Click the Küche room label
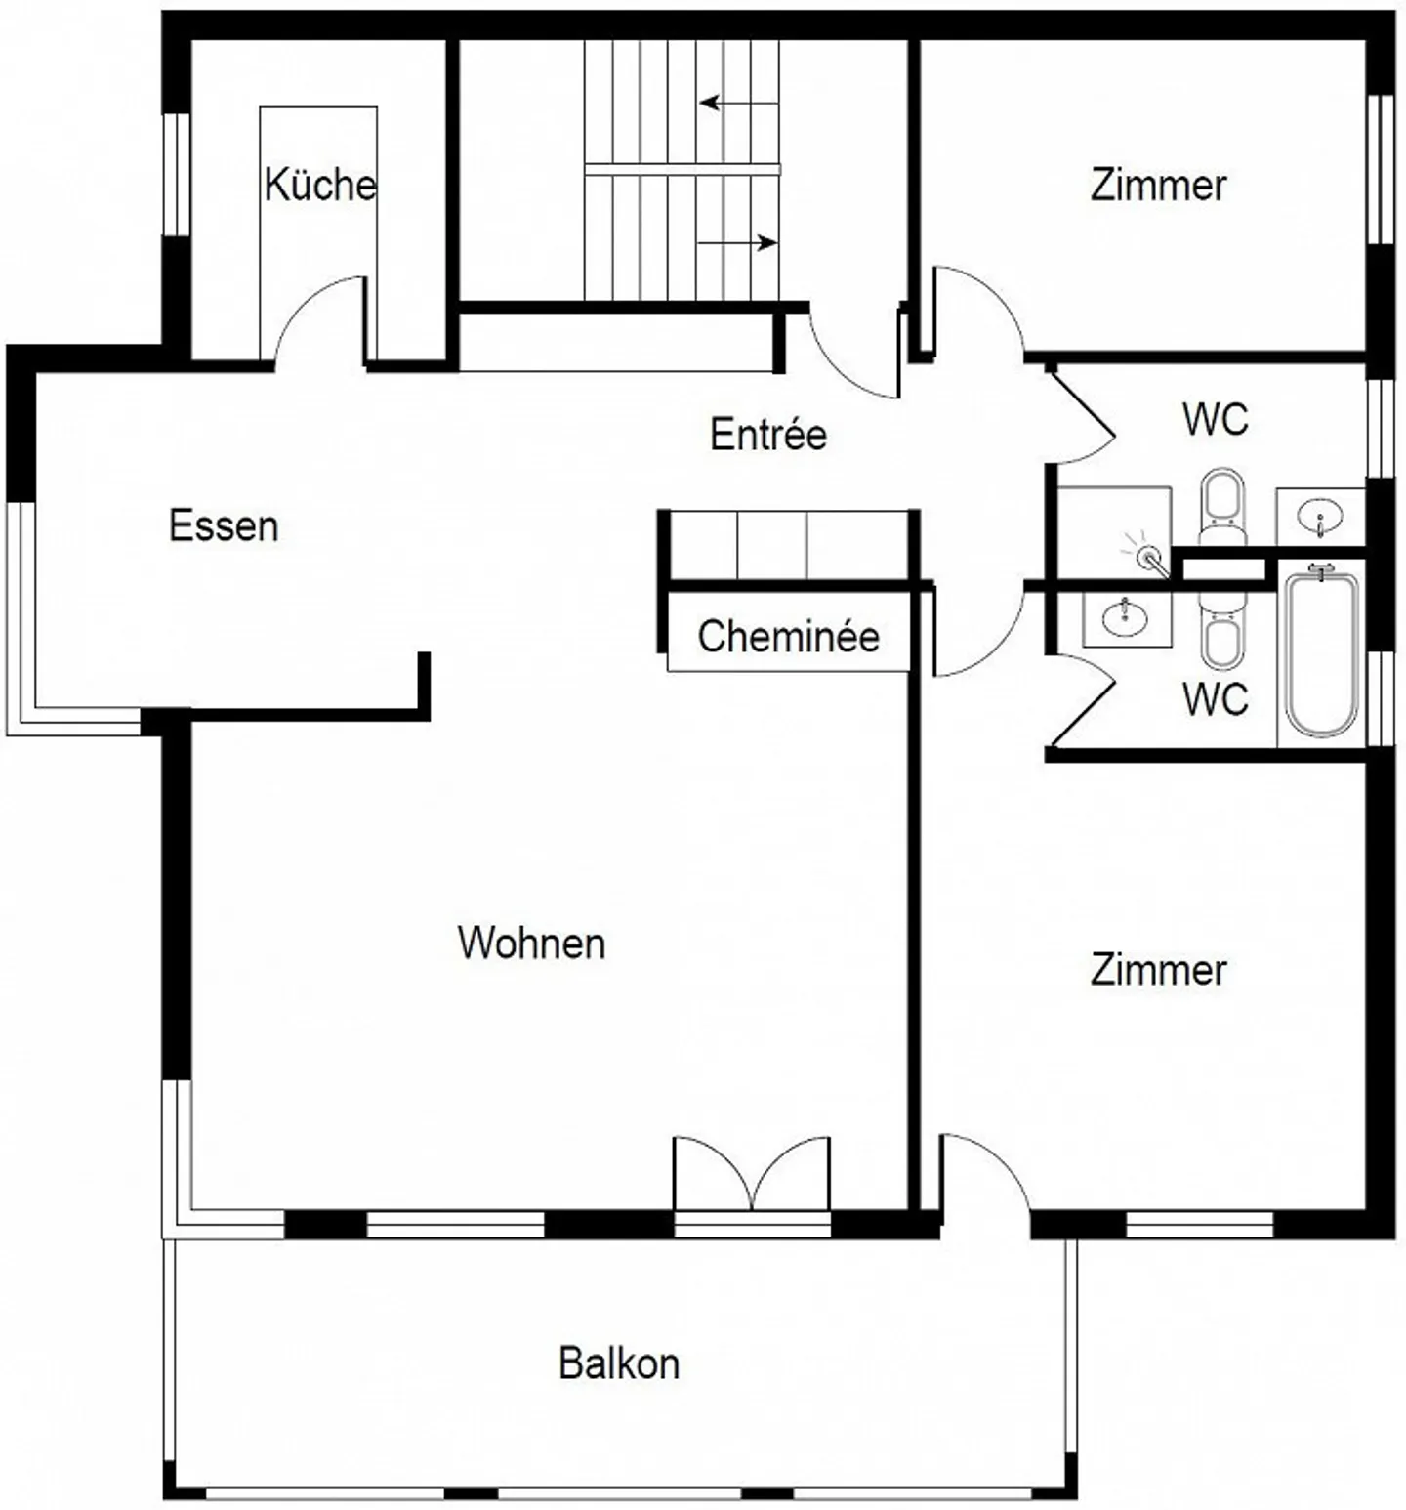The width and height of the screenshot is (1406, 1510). [x=320, y=184]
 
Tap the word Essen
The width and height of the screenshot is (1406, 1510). [x=224, y=525]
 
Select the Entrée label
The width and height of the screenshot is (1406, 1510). [x=768, y=434]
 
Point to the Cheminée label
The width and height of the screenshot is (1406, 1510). [x=788, y=637]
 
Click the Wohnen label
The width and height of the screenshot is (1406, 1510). [x=531, y=943]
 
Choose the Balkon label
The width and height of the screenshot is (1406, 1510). [x=619, y=1363]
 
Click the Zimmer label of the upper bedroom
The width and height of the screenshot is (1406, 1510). [x=1158, y=185]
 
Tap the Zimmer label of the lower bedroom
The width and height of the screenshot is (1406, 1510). [x=1158, y=970]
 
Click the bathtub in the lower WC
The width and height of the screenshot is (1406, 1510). [x=1321, y=652]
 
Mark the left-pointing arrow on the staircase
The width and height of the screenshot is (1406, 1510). [x=739, y=103]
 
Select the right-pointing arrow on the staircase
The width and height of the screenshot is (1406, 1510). [x=738, y=242]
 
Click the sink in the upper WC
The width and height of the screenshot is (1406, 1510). [x=1320, y=515]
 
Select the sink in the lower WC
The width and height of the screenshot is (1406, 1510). [x=1127, y=617]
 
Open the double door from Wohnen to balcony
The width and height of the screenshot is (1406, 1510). [x=752, y=1174]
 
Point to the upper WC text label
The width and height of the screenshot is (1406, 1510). [x=1216, y=419]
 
